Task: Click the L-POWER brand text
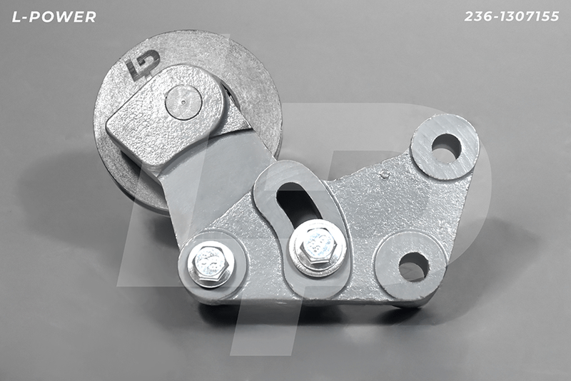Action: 54,16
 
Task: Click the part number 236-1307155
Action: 512,16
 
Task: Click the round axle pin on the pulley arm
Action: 183,102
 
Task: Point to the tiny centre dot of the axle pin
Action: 183,102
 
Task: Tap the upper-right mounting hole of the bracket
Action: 445,148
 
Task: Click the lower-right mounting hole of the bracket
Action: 414,267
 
